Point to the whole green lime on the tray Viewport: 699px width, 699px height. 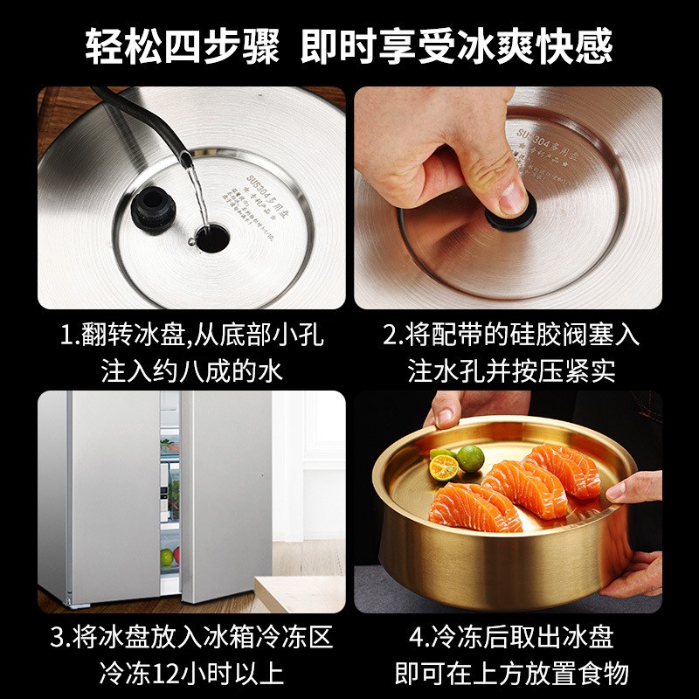pyautogui.click(x=471, y=458)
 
